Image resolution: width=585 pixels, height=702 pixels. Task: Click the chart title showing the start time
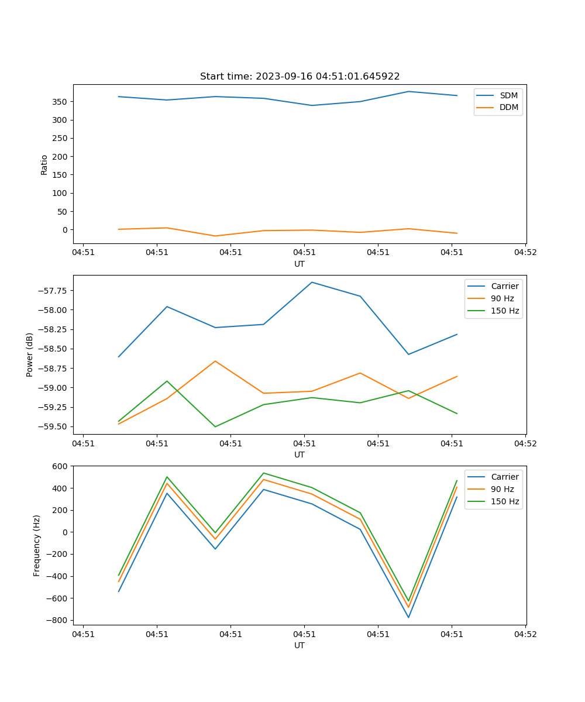300,77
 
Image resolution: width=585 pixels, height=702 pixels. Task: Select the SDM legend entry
508,95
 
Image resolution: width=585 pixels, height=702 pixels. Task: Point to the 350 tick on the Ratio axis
60,102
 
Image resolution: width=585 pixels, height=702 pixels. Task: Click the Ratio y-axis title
44,164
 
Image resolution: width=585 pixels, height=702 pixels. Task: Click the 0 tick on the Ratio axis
65,230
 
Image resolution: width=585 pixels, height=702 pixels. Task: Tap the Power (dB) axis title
30,355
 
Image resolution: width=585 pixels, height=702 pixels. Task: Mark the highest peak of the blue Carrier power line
312,282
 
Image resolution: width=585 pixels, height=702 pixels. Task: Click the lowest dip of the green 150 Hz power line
215,426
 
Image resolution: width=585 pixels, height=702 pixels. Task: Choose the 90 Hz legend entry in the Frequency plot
502,489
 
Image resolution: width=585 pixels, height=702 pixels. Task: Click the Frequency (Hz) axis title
37,545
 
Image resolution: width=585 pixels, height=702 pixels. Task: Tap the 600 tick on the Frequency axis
60,466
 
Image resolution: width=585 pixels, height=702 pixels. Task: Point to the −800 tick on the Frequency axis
57,620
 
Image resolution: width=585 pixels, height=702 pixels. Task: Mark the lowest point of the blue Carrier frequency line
408,617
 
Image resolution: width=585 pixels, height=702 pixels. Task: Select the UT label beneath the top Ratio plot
300,264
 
